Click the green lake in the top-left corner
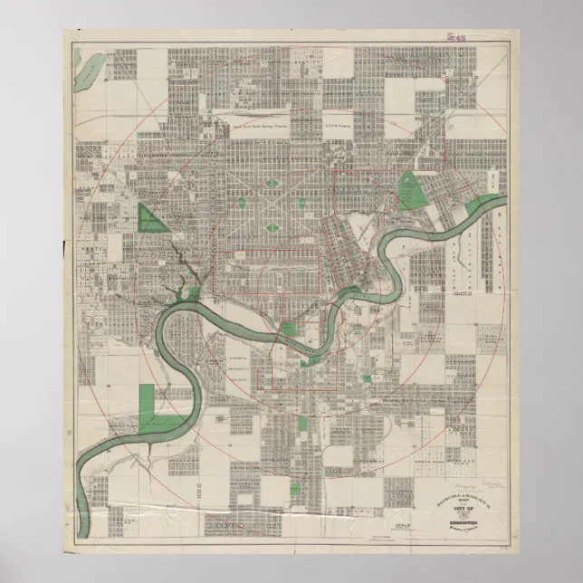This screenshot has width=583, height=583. click(x=90, y=66)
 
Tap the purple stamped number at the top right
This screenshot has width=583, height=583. click(x=454, y=38)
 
